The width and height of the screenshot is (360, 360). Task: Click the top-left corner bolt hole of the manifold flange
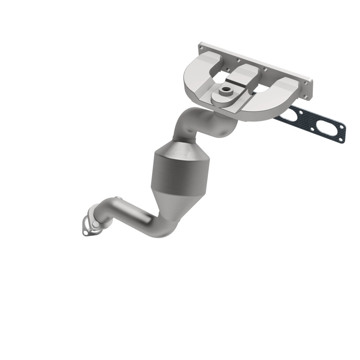point(201,45)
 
